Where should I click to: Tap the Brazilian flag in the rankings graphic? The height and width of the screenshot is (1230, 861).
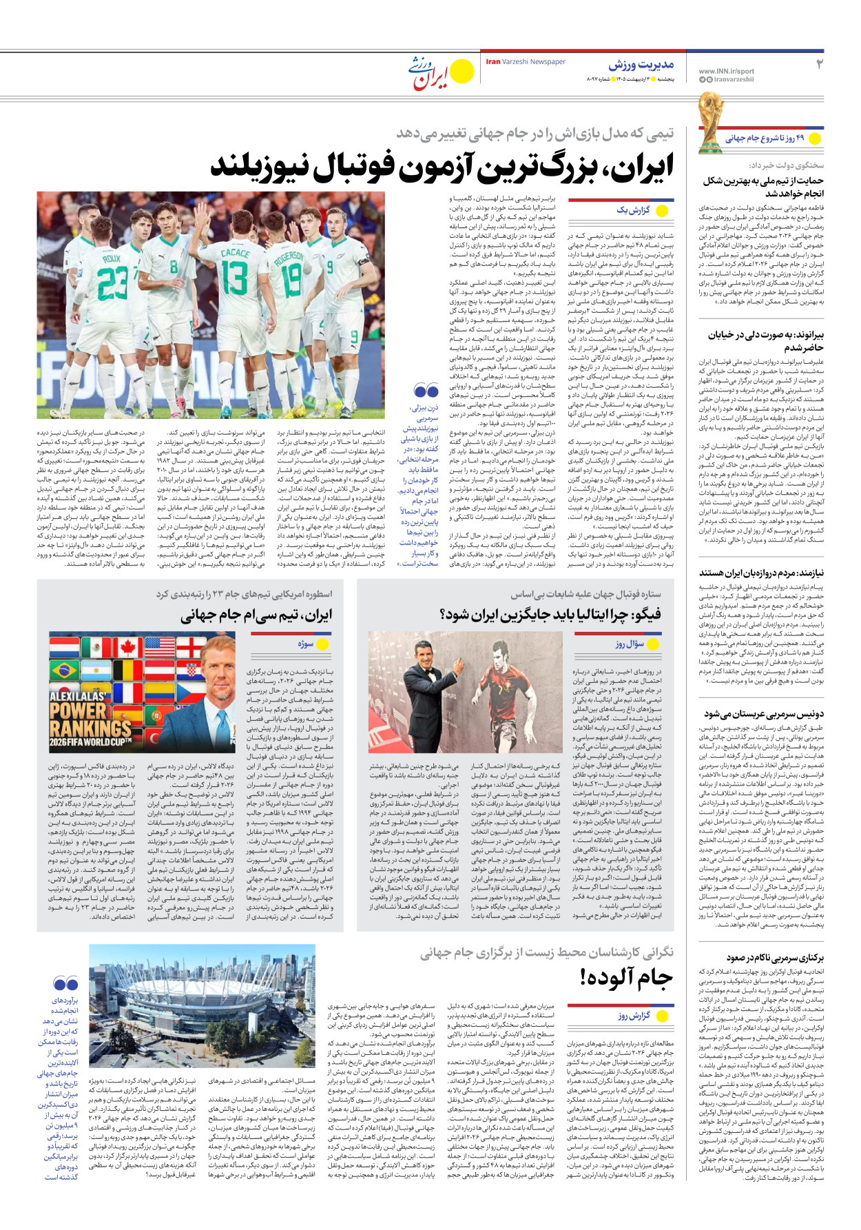64,670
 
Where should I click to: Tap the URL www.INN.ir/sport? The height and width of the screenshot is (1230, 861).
726,71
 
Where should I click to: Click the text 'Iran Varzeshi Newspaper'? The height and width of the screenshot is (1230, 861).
526,62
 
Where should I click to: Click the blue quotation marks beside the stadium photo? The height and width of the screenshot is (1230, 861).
66,983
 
